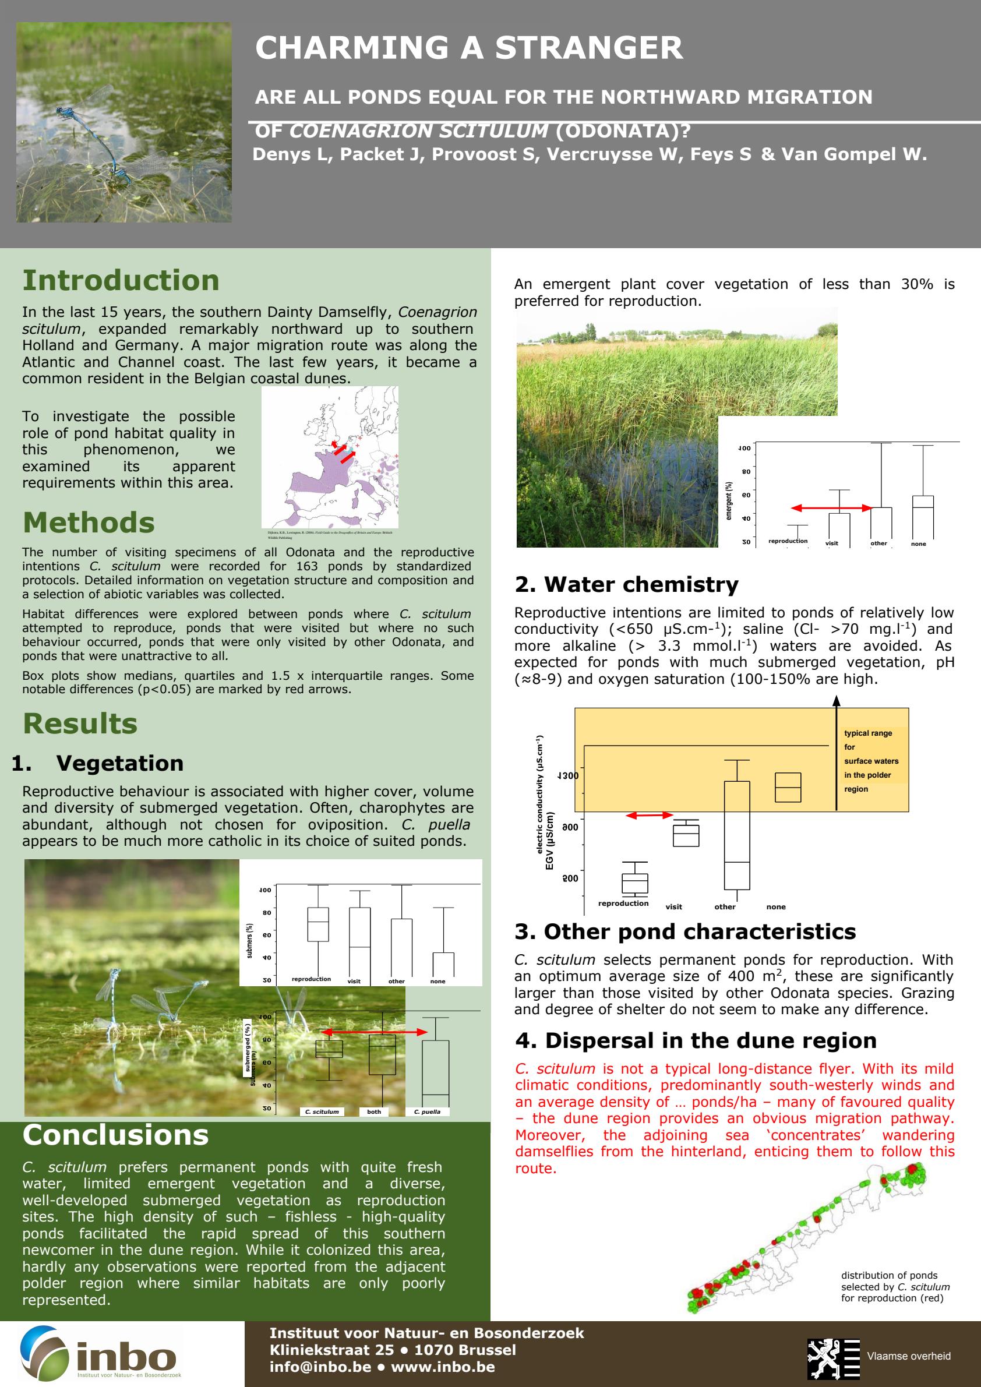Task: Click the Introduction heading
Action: click(121, 280)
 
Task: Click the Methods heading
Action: click(89, 523)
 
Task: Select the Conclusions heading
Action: click(115, 1135)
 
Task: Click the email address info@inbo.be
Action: click(320, 1367)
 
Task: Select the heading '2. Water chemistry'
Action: click(626, 584)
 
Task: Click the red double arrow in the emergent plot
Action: click(831, 508)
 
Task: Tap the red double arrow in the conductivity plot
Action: click(649, 815)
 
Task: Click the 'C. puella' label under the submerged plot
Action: click(427, 1111)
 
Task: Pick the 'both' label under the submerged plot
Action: click(374, 1111)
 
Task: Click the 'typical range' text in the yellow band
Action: click(867, 733)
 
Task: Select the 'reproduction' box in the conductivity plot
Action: click(634, 883)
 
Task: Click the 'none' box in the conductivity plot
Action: click(788, 787)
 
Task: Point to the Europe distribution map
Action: click(330, 457)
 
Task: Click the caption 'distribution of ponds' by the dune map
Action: click(889, 1275)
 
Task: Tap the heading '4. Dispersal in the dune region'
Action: click(696, 1040)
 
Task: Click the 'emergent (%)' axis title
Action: click(729, 501)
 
